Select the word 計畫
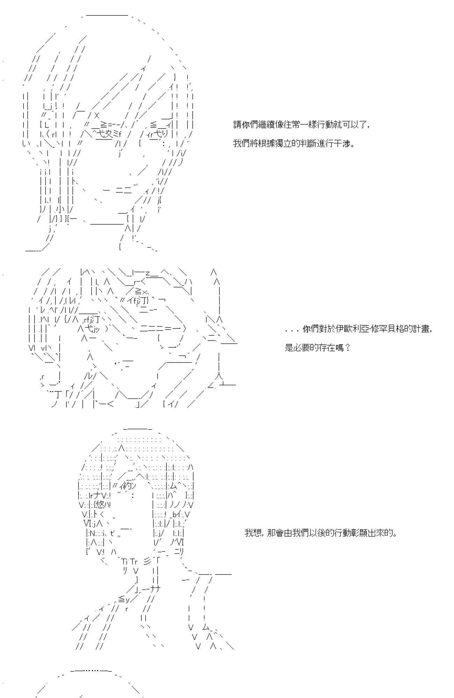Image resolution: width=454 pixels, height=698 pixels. click(x=422, y=329)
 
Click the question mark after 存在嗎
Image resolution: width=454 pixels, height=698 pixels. click(x=347, y=348)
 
